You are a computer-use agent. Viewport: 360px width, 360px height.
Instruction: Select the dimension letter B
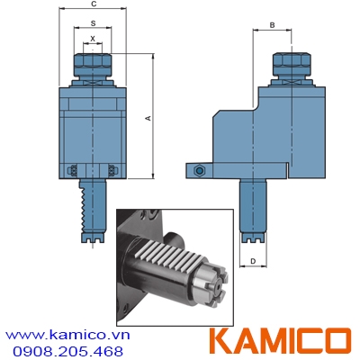[x=270, y=25]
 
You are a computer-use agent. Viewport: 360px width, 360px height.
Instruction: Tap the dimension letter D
[x=254, y=262]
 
